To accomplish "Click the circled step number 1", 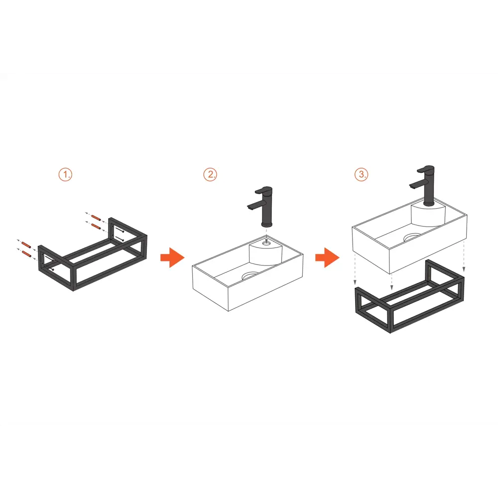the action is [65, 174].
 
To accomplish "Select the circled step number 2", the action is [210, 174].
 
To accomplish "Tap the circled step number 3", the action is [362, 174].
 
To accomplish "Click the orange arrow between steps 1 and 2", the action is [172, 257].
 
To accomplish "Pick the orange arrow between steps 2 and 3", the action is [328, 257].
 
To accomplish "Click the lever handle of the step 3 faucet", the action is [426, 169].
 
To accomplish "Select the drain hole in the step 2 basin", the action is [250, 275].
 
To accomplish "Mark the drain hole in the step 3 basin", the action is [412, 237].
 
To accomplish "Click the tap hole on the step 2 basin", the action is [266, 244].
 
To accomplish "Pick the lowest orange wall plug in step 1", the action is [27, 254].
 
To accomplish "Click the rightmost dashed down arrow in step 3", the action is [464, 256].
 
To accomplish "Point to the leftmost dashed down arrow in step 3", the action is [355, 269].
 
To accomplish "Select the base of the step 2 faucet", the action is [266, 225].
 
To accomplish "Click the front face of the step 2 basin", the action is [210, 288].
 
